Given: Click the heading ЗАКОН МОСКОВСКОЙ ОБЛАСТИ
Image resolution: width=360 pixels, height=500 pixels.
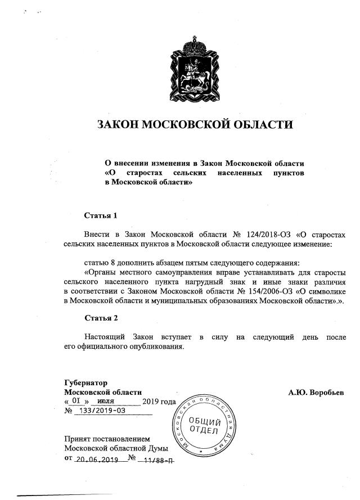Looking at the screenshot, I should pyautogui.click(x=195, y=124).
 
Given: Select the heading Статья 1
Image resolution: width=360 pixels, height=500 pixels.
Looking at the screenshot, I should pyautogui.click(x=101, y=215).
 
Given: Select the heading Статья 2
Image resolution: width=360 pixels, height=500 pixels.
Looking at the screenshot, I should pyautogui.click(x=101, y=318).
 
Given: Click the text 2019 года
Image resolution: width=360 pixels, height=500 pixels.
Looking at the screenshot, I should pyautogui.click(x=159, y=402).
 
